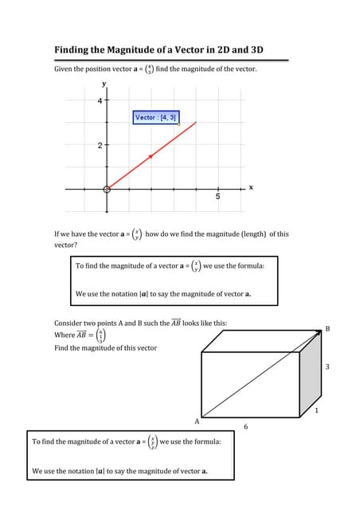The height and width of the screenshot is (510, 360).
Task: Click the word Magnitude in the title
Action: point(131,50)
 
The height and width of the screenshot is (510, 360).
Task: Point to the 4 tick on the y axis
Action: point(100,101)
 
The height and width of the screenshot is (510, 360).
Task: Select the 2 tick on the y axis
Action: point(100,146)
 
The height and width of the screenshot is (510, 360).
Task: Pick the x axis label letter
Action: point(251,187)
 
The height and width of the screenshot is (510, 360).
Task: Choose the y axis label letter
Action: point(103,84)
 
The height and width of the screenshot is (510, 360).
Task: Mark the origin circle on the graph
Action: point(107,189)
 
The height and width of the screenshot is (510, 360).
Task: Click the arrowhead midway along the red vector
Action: point(151,155)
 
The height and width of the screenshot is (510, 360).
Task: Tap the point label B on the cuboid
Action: point(327,328)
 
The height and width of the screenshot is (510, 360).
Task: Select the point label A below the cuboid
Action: point(197,420)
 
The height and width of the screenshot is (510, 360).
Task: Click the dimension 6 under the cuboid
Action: point(245,427)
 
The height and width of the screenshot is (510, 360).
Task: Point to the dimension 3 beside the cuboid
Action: point(327,367)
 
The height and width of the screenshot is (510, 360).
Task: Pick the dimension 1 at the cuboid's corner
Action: point(317,411)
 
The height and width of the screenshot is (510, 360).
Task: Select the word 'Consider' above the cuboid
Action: point(69,324)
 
